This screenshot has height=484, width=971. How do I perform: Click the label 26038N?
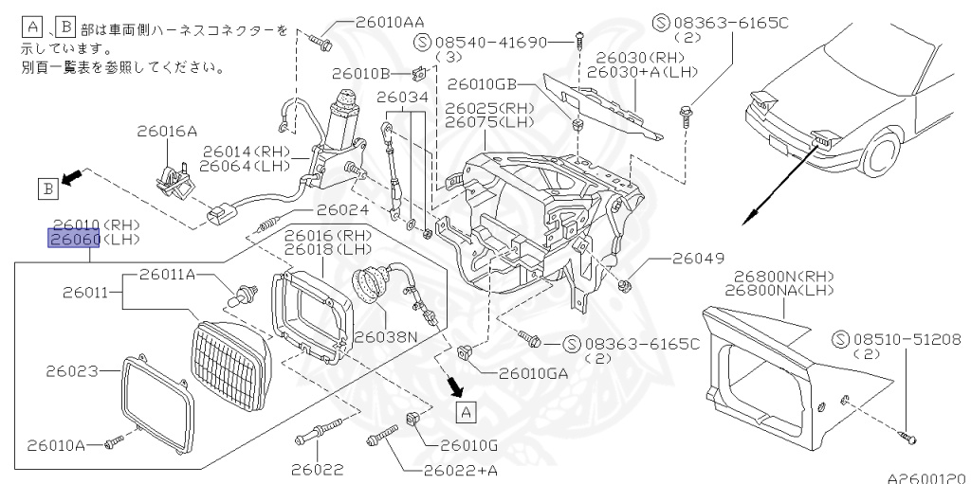tap(386, 335)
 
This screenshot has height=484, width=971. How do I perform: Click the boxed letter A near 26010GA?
tap(464, 411)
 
